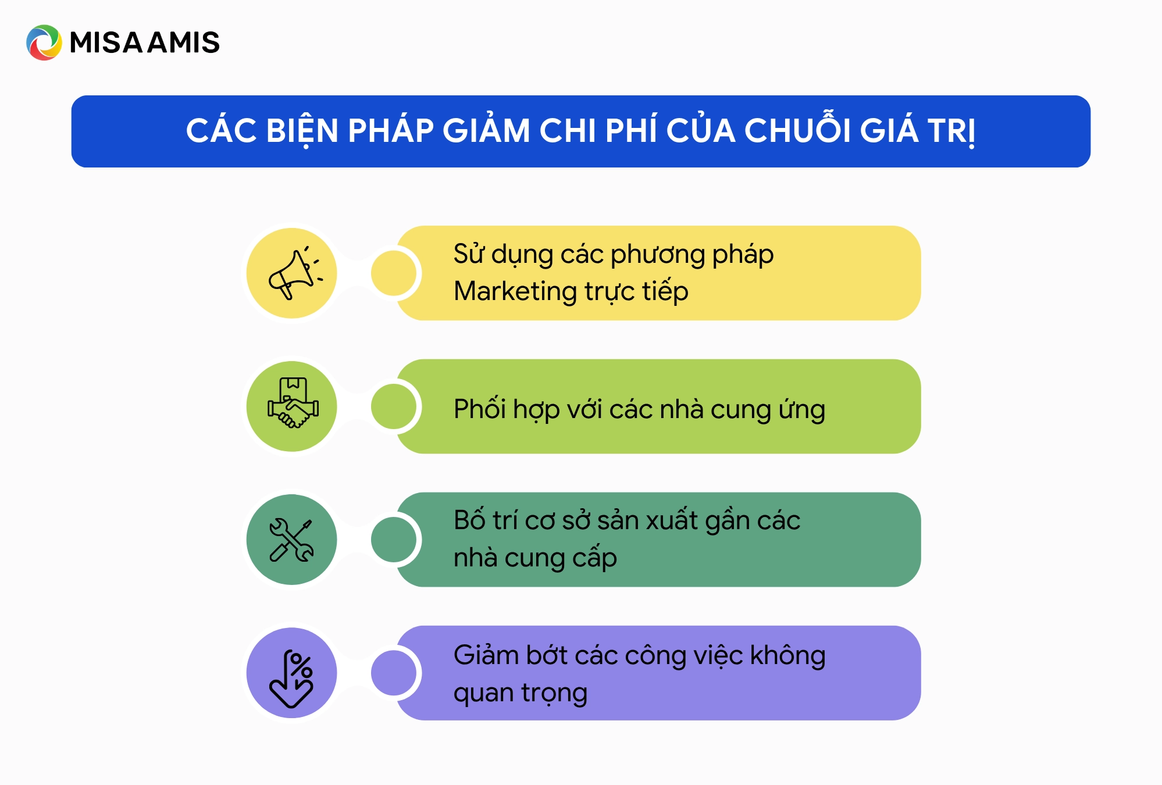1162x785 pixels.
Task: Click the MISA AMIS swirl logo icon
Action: pos(44,42)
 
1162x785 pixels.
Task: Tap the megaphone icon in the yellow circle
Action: pos(292,273)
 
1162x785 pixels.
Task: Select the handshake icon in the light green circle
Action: pos(292,406)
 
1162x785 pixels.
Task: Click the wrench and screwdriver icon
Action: pos(292,540)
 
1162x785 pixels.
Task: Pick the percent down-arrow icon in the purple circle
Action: pos(292,673)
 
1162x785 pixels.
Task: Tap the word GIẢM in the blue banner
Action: pos(486,131)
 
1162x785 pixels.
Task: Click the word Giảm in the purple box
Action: pos(486,656)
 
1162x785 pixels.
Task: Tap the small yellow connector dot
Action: pos(394,273)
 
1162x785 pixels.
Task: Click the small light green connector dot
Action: pos(394,406)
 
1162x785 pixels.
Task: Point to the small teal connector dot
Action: pos(394,540)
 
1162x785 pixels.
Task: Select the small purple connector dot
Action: pos(394,673)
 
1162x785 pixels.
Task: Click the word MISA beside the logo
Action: pos(106,43)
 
